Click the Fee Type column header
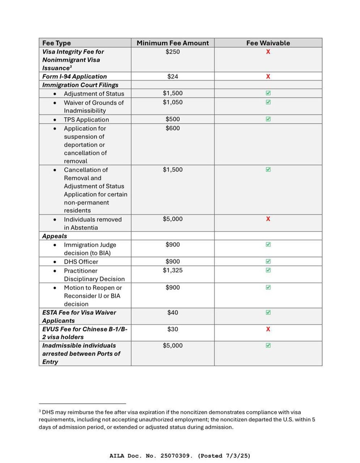click(57, 43)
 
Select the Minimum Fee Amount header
click(172, 43)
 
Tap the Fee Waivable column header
click(268, 43)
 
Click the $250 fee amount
click(172, 52)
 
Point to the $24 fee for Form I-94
click(172, 76)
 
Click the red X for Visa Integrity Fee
click(268, 52)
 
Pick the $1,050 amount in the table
click(172, 102)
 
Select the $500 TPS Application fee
click(172, 119)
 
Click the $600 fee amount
click(172, 128)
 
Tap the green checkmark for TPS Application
click(268, 119)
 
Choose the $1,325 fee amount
click(172, 270)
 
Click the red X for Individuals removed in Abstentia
click(268, 219)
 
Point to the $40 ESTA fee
click(172, 313)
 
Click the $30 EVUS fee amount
click(172, 329)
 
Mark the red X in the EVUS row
click(268, 329)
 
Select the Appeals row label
click(55, 236)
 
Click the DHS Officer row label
click(81, 262)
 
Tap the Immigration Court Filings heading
click(80, 85)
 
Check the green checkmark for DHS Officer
click(268, 262)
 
